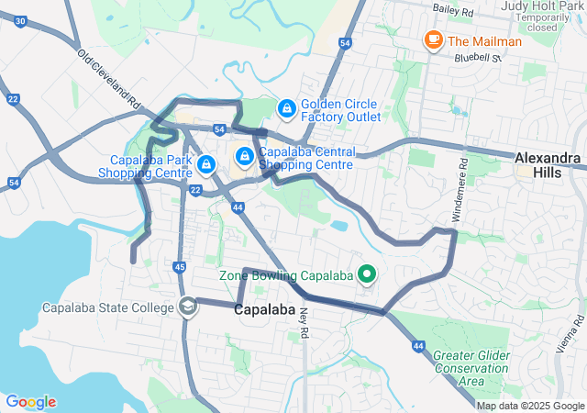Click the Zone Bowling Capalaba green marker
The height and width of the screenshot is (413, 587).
click(367, 274)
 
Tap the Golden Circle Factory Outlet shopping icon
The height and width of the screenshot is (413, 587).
click(286, 109)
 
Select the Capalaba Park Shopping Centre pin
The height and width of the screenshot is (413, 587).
click(206, 164)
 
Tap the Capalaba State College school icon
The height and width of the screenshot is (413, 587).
click(188, 307)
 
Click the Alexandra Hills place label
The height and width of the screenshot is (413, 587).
click(548, 164)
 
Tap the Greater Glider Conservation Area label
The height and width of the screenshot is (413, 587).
click(471, 367)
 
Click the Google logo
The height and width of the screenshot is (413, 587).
click(31, 402)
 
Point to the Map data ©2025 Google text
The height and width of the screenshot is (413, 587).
click(529, 406)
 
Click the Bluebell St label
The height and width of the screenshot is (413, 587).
click(478, 57)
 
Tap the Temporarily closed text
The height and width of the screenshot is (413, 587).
click(549, 21)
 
